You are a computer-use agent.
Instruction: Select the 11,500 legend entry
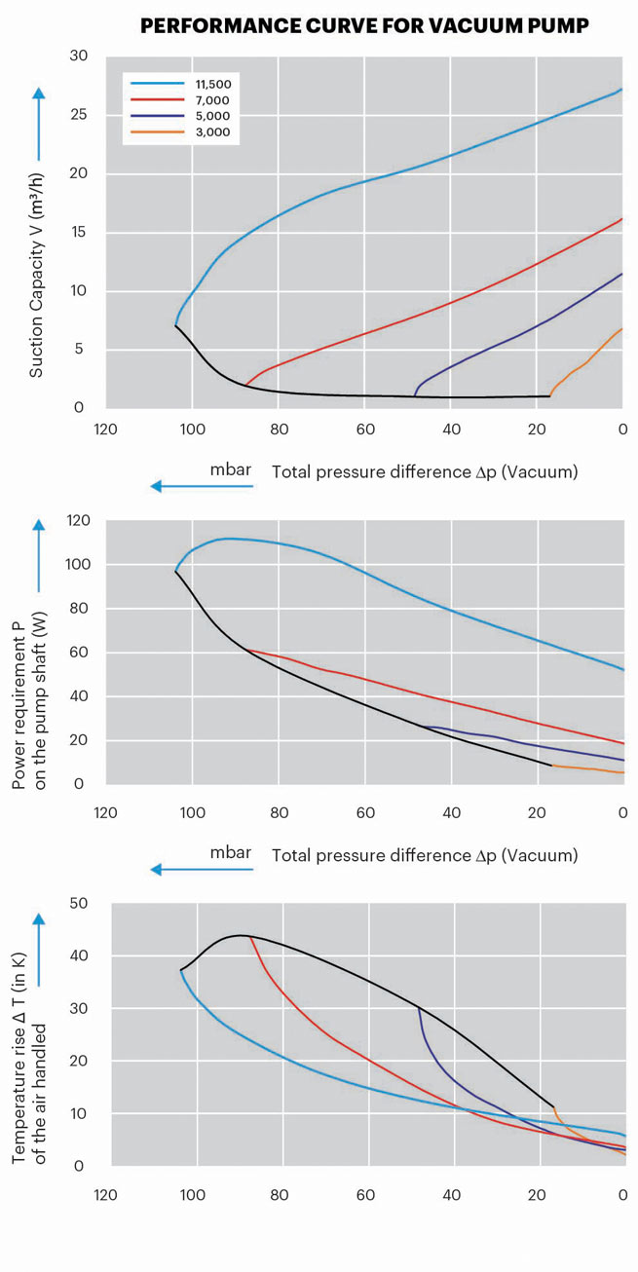[212, 85]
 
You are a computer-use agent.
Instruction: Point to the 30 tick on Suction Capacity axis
[78, 56]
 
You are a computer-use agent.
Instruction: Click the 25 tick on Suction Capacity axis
[78, 115]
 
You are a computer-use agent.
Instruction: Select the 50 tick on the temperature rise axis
[78, 903]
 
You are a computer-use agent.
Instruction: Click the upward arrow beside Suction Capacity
[38, 122]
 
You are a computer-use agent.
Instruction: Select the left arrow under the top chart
[201, 486]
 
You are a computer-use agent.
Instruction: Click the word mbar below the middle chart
[231, 852]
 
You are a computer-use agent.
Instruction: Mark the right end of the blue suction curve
[621, 90]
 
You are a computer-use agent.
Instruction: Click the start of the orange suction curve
[551, 394]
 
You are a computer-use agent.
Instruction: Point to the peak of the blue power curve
[227, 538]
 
